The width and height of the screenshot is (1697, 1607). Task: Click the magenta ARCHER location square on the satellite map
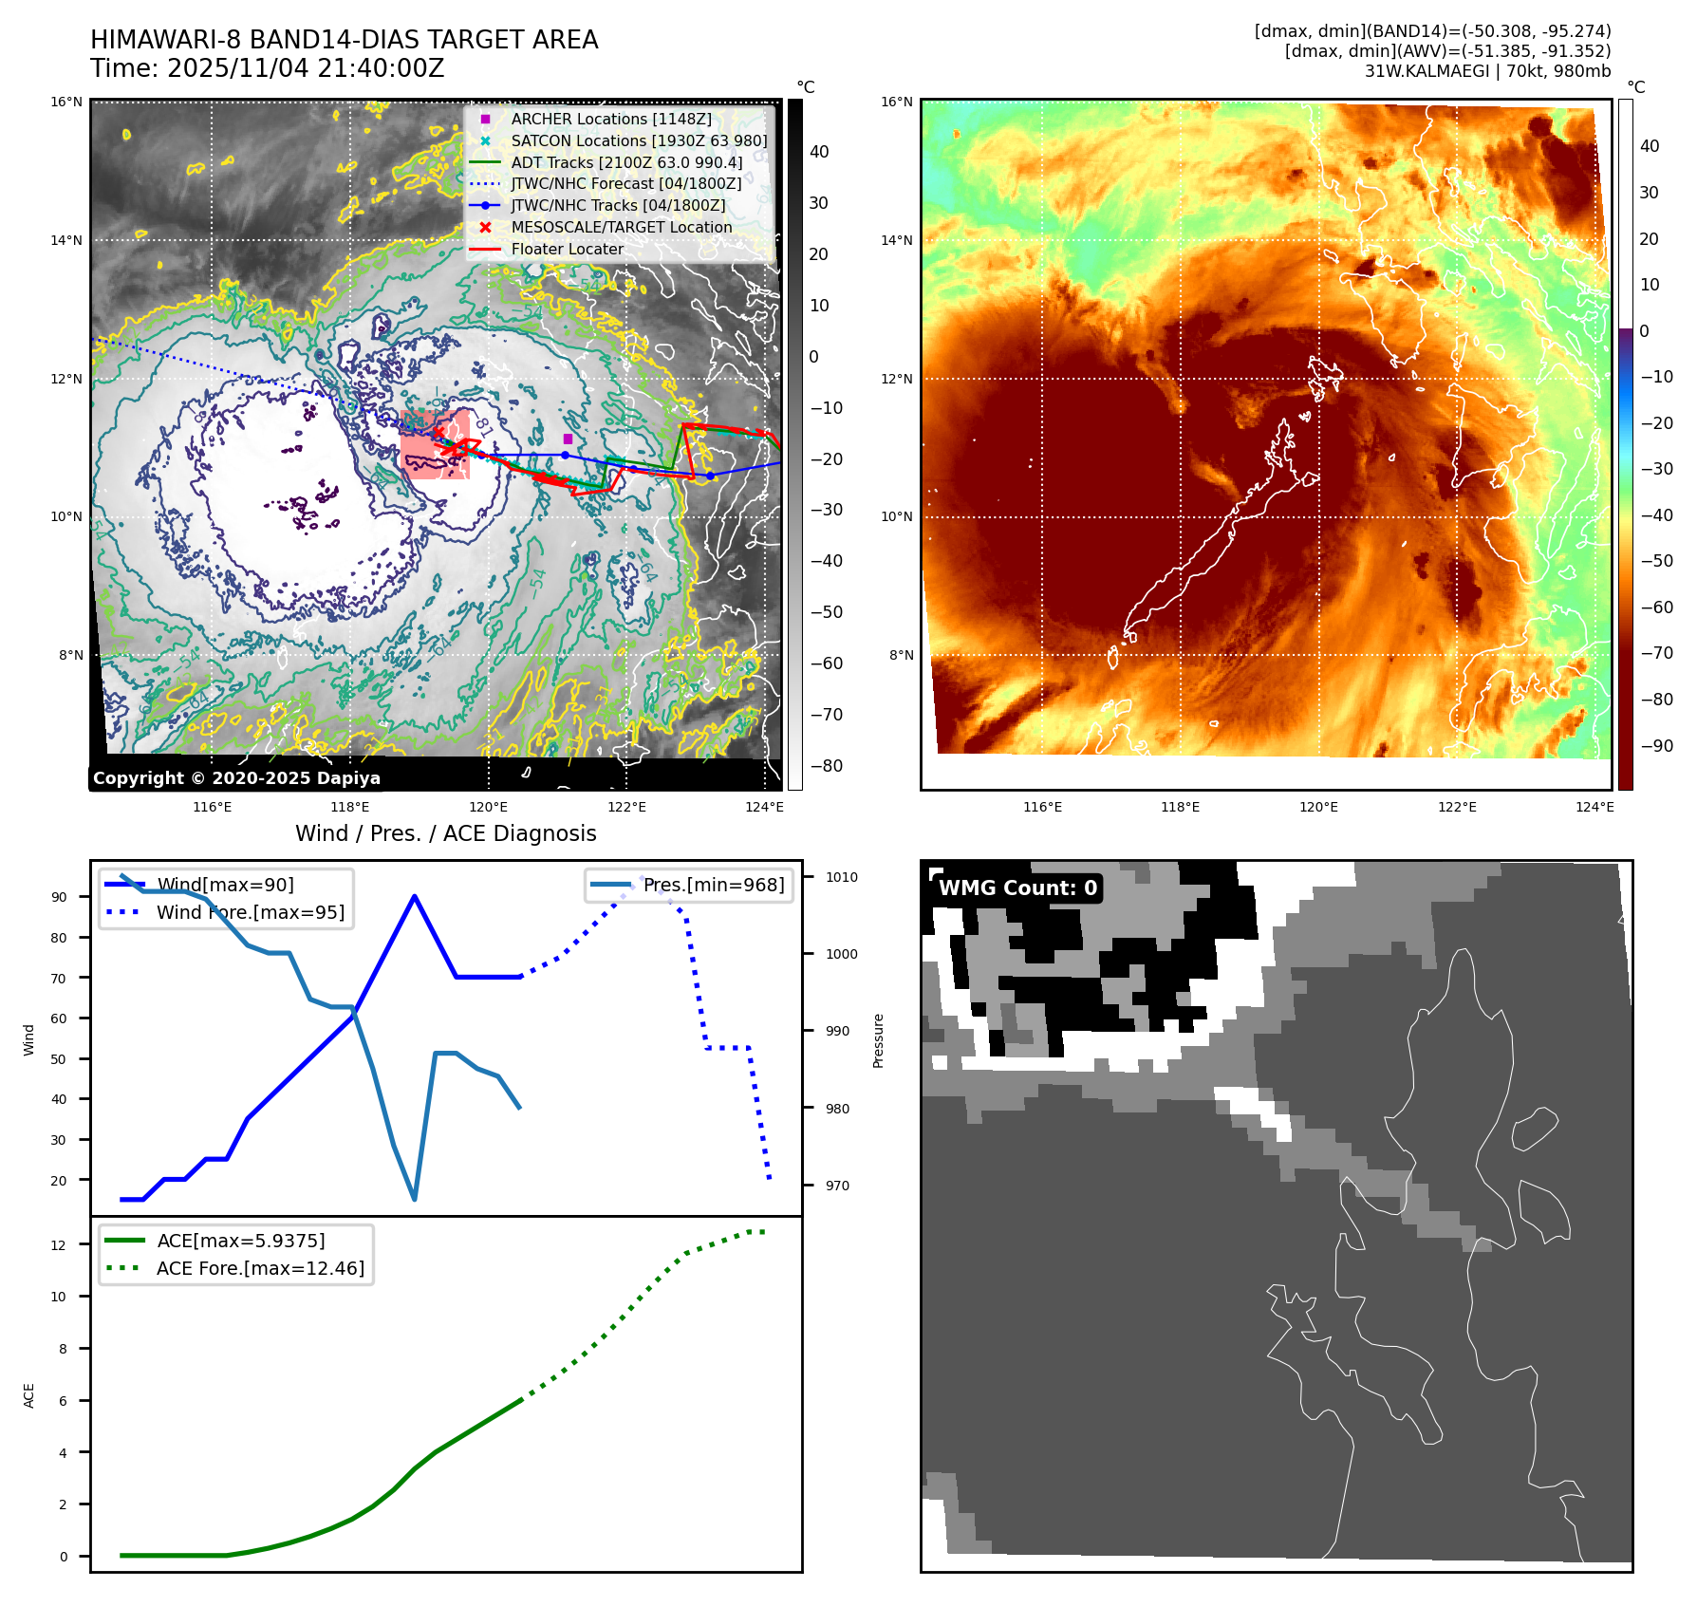tap(568, 439)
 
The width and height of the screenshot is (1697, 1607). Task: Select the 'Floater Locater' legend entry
tap(567, 250)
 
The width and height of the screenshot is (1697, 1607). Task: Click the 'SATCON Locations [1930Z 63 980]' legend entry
tap(639, 141)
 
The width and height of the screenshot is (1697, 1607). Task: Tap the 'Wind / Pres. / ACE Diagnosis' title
tap(446, 833)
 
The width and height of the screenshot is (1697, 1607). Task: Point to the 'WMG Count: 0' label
tap(1017, 888)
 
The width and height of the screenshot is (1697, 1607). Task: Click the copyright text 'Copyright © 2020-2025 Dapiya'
tap(236, 778)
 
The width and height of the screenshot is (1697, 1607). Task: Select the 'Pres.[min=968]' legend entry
tap(713, 886)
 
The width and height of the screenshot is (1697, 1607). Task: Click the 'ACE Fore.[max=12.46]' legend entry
tap(260, 1269)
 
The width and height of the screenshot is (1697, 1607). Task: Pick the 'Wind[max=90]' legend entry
tap(225, 886)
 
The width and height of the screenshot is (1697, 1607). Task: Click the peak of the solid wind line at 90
tap(415, 896)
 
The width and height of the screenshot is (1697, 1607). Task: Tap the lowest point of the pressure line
tap(415, 1200)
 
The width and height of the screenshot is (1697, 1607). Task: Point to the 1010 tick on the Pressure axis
tap(841, 878)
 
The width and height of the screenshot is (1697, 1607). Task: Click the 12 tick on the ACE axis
tap(59, 1245)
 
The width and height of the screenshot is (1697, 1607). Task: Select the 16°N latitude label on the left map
tap(66, 103)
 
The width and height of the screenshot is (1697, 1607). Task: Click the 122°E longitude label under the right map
tap(1457, 807)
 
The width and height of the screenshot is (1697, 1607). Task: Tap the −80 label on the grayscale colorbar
tap(826, 766)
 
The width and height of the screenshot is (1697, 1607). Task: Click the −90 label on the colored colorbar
tap(1657, 746)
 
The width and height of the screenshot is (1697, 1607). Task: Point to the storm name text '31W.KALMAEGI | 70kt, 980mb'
tap(1487, 71)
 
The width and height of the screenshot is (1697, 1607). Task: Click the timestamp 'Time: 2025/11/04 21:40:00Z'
tap(267, 68)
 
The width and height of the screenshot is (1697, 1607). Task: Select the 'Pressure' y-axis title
tap(878, 1040)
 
